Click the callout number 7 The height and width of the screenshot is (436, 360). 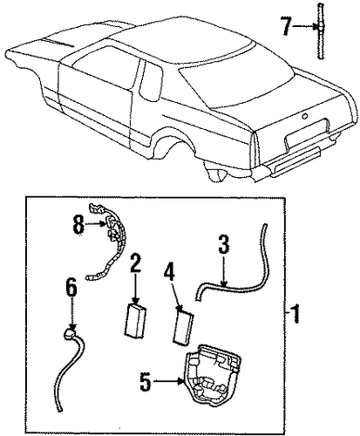286,26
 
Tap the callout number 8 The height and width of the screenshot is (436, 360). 78,224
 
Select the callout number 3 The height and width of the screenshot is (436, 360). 224,244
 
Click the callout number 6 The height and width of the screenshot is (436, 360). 71,286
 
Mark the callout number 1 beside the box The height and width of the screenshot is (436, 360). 295,313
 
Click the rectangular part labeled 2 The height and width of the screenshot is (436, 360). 135,321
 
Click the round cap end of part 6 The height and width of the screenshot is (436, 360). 69,334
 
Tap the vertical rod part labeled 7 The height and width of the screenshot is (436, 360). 320,31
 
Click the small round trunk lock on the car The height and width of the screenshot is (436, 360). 304,116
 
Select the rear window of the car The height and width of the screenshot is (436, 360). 237,85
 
